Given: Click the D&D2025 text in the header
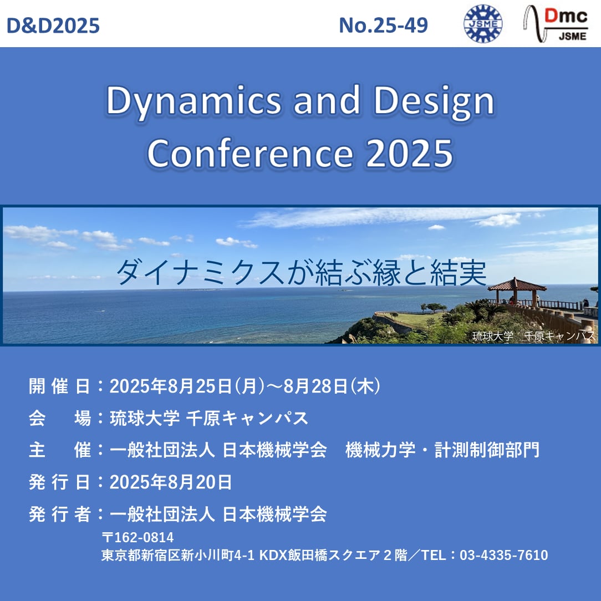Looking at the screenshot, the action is (53, 26).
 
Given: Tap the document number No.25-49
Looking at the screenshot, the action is (383, 26).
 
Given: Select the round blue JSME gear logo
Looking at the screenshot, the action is (483, 23).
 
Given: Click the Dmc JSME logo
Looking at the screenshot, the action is (556, 24).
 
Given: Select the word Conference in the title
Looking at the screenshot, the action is (250, 154).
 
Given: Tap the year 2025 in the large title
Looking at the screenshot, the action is (410, 154).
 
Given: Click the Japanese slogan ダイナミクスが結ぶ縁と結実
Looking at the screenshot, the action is (302, 273).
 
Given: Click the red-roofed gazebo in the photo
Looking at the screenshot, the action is (516, 291).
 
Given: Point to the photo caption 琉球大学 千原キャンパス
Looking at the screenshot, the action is (533, 336).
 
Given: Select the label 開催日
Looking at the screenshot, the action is (59, 386).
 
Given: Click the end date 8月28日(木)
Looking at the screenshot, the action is (332, 386).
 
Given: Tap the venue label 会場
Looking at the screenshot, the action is (59, 418).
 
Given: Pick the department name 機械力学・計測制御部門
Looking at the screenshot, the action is (442, 450).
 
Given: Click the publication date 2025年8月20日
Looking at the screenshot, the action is (171, 482).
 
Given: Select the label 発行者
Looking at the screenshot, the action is (59, 514).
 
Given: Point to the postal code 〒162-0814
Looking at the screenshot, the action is (137, 537).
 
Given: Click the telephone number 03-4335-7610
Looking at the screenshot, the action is (503, 555).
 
